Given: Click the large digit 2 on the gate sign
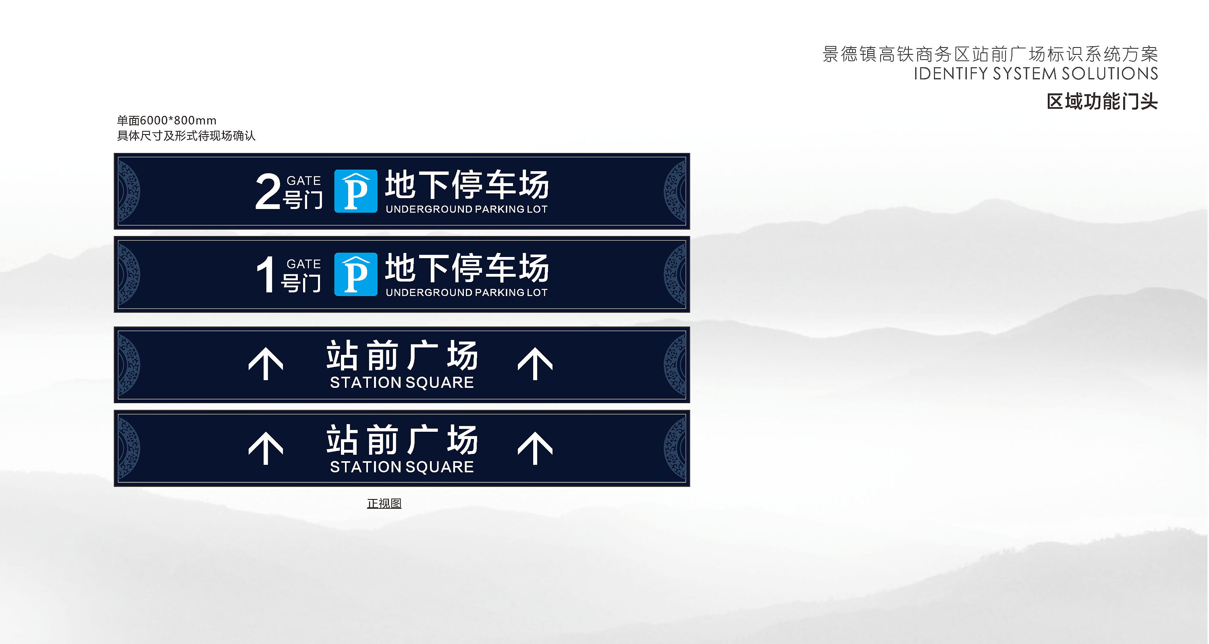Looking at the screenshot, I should [x=268, y=191].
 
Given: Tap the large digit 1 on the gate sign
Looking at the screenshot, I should [x=266, y=274].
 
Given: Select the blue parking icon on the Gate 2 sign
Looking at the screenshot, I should [x=356, y=191].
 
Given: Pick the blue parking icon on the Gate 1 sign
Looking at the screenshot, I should [x=356, y=274].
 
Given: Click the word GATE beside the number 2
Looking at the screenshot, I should [x=303, y=180].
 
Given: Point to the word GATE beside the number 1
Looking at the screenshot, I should [x=303, y=264].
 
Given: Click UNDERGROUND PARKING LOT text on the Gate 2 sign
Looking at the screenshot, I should [x=467, y=209].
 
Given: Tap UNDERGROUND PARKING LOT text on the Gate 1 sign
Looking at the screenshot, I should [x=467, y=293].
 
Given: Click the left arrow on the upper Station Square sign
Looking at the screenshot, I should [x=266, y=364].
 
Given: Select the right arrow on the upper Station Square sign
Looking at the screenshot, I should [x=535, y=364].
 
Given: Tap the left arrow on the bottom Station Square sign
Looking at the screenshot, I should [x=266, y=448].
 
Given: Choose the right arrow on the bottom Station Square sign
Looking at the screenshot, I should [x=535, y=448].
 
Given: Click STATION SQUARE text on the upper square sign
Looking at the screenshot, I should [x=402, y=383].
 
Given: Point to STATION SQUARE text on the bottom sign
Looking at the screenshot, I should [x=402, y=467].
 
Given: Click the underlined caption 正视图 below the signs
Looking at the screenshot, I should [x=384, y=503].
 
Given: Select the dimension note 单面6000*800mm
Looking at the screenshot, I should [x=166, y=120].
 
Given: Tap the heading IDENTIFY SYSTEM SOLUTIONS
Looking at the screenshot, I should [x=1036, y=74].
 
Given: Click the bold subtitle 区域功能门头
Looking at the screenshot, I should [x=1102, y=101].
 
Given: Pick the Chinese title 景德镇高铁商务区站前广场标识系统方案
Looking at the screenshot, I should [x=990, y=54].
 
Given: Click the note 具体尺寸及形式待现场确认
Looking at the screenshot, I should [x=186, y=136].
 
